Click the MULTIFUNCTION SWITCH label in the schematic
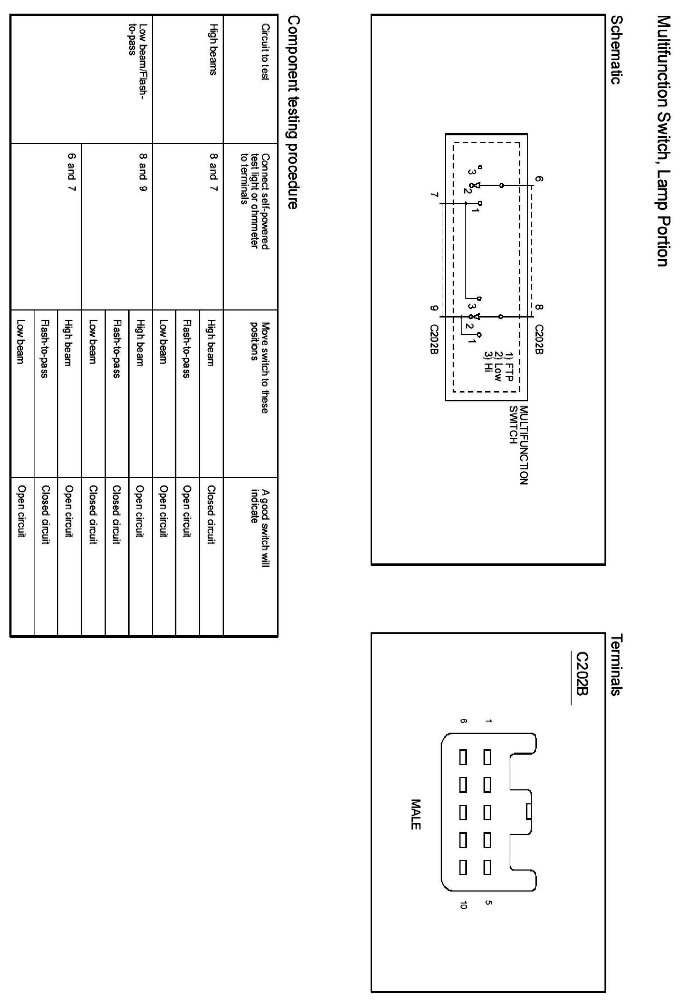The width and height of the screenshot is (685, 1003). click(518, 445)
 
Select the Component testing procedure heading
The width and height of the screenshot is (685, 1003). click(293, 112)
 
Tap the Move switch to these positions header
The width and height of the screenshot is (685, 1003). click(260, 367)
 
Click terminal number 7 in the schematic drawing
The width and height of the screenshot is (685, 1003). click(434, 195)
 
